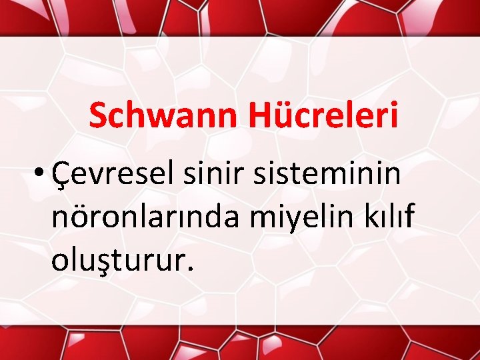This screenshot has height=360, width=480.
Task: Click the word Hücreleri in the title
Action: [324, 116]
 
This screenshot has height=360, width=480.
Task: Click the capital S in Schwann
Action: [97, 116]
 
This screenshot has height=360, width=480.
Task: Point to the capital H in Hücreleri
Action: [261, 116]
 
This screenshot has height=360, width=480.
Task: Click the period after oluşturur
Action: [191, 268]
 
